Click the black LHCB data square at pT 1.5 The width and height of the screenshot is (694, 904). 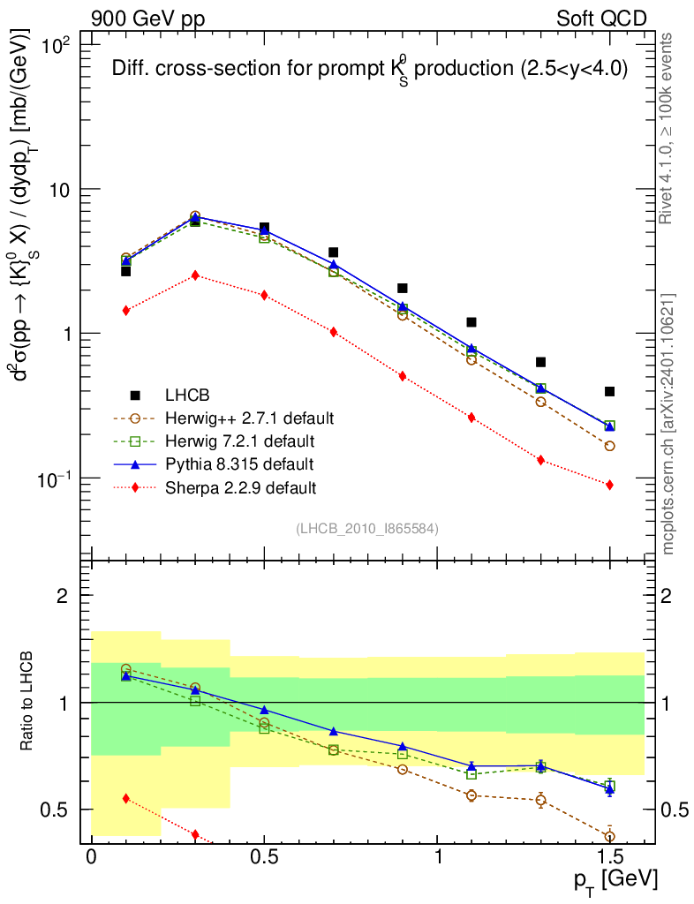(x=609, y=391)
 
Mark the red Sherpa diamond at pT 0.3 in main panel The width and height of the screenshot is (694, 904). (x=195, y=275)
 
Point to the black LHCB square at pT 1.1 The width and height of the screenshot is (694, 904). (x=471, y=322)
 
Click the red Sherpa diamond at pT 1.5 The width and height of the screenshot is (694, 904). (x=609, y=485)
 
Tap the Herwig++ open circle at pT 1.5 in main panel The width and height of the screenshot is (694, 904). (x=609, y=446)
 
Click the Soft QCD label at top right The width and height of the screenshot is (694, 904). (x=601, y=18)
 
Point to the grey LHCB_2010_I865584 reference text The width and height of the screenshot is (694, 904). (x=367, y=528)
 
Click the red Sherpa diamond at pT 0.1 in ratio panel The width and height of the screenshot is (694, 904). (x=126, y=798)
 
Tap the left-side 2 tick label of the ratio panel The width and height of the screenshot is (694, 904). (x=63, y=595)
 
